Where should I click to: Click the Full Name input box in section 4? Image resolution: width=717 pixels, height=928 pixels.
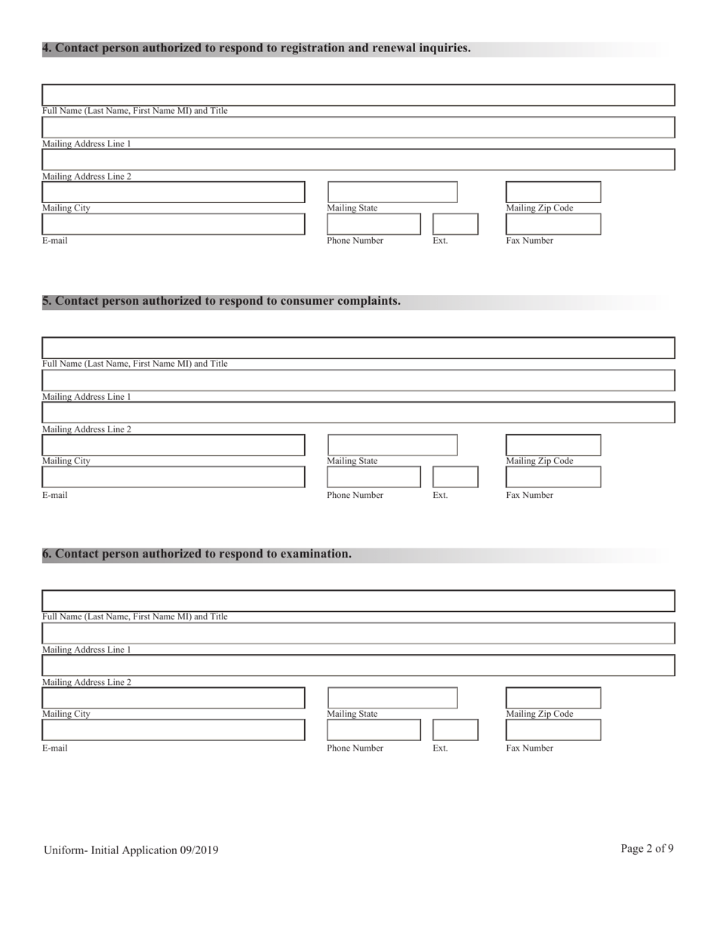coord(358,95)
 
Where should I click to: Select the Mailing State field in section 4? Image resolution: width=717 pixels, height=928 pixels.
coord(392,192)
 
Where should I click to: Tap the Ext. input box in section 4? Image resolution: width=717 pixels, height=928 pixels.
coord(455,224)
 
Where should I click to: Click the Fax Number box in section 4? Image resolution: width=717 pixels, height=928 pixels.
coord(552,224)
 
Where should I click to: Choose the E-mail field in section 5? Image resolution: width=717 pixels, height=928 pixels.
coord(173,478)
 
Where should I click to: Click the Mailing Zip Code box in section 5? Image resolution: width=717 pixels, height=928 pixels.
coord(552,445)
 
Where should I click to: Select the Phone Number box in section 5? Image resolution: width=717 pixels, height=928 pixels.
coord(374,478)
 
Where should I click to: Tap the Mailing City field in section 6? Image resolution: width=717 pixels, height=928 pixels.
coord(173,698)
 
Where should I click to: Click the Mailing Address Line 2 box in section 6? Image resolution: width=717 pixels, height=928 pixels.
coord(358,665)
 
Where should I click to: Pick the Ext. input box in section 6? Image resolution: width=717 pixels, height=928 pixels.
coord(455,730)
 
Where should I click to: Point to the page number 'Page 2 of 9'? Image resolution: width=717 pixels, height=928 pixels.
coord(647,849)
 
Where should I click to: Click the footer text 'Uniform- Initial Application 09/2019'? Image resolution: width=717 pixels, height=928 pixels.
coord(131,850)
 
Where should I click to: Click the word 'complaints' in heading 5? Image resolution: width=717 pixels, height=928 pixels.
coord(368,301)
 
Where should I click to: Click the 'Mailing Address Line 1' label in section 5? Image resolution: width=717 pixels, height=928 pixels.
coord(86,397)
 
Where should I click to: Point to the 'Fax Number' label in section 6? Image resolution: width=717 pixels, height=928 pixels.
coord(529,748)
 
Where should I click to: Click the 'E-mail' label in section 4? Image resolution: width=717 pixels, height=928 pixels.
coord(54,241)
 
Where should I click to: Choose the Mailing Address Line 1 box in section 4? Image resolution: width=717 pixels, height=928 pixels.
coord(358,128)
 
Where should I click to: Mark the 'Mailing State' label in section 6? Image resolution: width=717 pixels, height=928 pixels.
coord(352,714)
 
